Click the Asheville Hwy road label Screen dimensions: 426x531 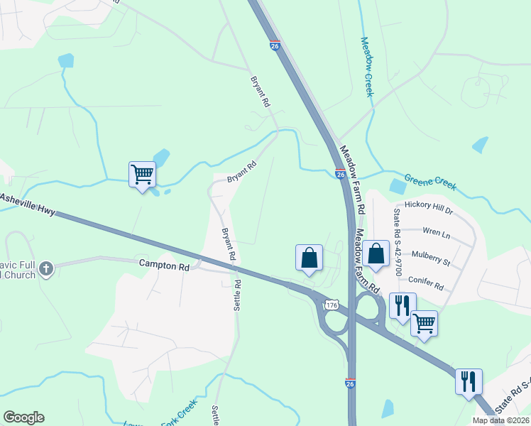28,200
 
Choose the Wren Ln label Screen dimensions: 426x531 436,231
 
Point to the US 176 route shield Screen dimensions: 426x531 331,305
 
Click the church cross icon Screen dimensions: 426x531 46,268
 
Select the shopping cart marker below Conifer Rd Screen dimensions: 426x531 424,323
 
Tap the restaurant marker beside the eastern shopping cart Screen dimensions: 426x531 402,305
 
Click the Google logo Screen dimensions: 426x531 23,417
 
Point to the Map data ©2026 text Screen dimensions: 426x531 501,420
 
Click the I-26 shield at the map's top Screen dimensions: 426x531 275,46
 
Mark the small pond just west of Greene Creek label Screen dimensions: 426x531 398,187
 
